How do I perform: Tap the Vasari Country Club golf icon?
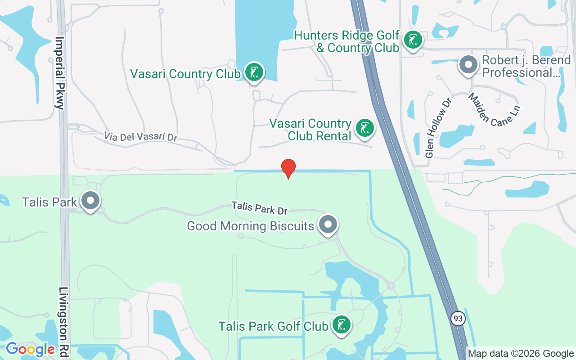[x=254, y=72]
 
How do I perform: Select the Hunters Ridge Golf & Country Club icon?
[x=412, y=40]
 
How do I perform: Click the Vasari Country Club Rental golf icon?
[x=364, y=128]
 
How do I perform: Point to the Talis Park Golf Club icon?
[x=342, y=324]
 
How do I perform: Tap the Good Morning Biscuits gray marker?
[x=328, y=224]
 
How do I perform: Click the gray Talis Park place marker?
[x=90, y=200]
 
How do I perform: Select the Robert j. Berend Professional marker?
[x=468, y=65]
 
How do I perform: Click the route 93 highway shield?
[x=458, y=319]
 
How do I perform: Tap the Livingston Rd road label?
[x=63, y=319]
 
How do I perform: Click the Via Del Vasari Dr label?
[x=140, y=137]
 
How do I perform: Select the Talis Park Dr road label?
[x=259, y=208]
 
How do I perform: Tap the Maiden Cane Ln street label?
[x=494, y=110]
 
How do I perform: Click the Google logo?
[x=30, y=349]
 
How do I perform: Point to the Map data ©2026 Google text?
[x=521, y=354]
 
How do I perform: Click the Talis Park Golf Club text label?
[x=273, y=326]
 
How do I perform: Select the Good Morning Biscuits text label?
[x=250, y=225]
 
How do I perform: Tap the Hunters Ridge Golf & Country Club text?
[x=347, y=41]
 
